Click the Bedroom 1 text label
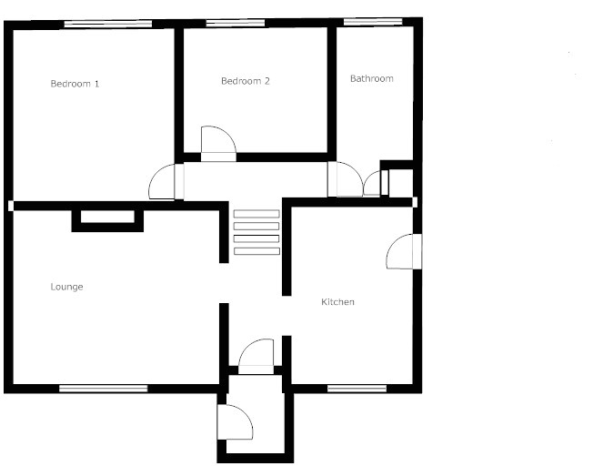75,84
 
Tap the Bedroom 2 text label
246,81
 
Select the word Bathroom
372,79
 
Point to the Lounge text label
66,287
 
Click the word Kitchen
337,301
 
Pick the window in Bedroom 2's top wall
234,23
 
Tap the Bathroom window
373,21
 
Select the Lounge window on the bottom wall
103,389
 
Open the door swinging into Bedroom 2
218,146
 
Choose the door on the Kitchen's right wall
401,251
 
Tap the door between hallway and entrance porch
256,355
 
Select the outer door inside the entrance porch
233,421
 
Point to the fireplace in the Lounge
107,218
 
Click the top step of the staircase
256,214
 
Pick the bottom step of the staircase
256,250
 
